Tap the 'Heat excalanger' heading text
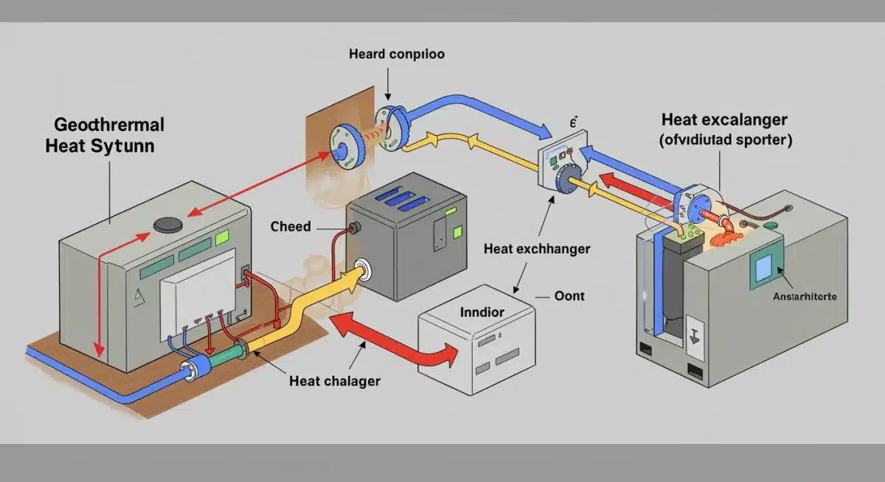click(x=724, y=119)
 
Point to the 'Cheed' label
click(x=291, y=226)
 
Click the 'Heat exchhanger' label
click(x=536, y=249)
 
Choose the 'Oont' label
click(x=569, y=296)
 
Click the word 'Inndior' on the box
click(x=482, y=312)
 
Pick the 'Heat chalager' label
click(x=335, y=381)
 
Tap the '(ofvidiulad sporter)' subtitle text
click(x=724, y=141)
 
